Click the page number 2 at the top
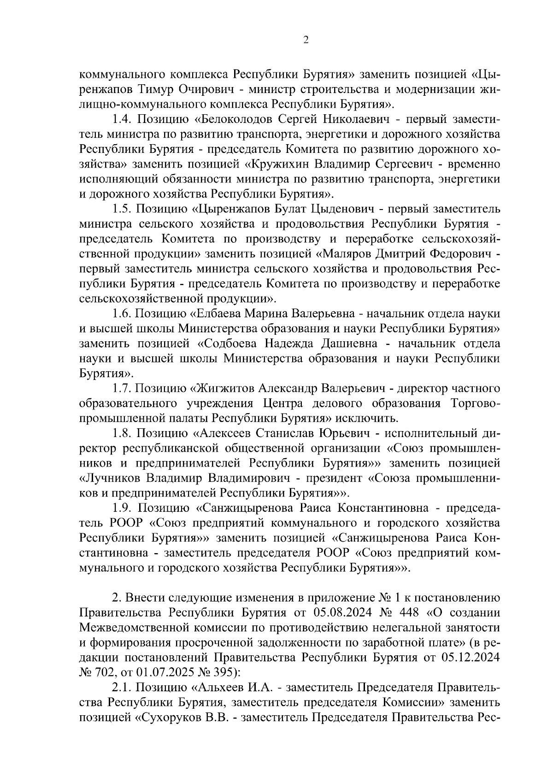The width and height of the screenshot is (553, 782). [x=306, y=40]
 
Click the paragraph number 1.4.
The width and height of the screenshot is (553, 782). [x=122, y=119]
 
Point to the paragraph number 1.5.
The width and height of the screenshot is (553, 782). [x=122, y=209]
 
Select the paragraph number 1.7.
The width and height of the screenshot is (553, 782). [x=122, y=389]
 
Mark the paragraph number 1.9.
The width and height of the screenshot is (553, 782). [x=122, y=508]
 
